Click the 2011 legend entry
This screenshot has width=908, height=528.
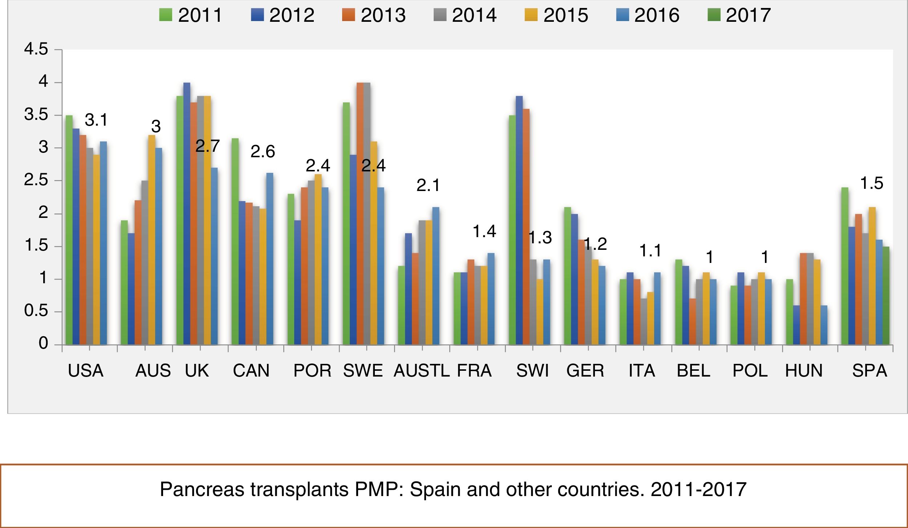(x=191, y=15)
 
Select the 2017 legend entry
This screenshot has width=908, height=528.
(x=739, y=15)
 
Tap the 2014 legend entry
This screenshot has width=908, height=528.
(x=465, y=15)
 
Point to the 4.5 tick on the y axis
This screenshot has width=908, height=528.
(x=36, y=49)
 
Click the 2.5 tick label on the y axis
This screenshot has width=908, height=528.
(x=36, y=180)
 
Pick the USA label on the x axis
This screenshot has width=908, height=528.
(x=86, y=371)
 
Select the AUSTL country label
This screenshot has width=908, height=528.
(x=421, y=371)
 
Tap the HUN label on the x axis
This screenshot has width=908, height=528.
(x=804, y=371)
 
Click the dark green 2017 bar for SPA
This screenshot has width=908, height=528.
(x=886, y=296)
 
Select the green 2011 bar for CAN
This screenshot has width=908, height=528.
(x=235, y=241)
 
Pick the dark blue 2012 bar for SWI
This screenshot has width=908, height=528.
(x=519, y=220)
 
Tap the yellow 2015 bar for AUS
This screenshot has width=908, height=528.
(x=152, y=240)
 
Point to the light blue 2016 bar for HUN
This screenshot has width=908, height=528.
(x=824, y=325)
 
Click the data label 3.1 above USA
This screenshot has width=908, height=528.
(x=96, y=120)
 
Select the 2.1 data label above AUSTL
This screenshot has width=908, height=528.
(x=428, y=186)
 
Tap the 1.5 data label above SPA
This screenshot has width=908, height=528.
(x=872, y=183)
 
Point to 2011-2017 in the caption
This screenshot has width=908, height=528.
(x=698, y=490)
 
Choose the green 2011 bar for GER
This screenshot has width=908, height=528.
(x=567, y=276)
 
